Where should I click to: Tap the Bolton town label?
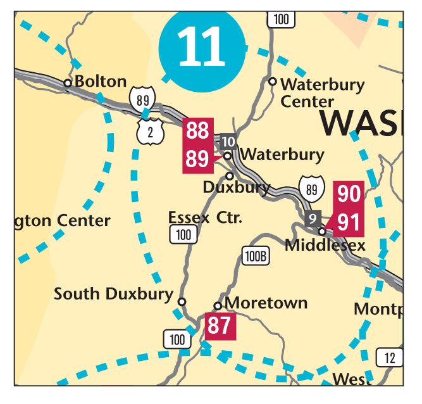coord(101,82)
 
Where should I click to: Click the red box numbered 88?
coord(197,131)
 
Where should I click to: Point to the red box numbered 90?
coord(349,194)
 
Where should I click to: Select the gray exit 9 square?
coord(313,219)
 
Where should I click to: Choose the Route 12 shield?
coord(389,358)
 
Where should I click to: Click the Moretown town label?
coord(266,303)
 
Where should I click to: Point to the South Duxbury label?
coord(113,294)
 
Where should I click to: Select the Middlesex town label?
coord(325,244)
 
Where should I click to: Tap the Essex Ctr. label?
coord(206,218)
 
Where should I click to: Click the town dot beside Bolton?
coord(67,82)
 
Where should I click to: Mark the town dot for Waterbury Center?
coord(273,81)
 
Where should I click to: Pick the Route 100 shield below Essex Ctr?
coord(183,235)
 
